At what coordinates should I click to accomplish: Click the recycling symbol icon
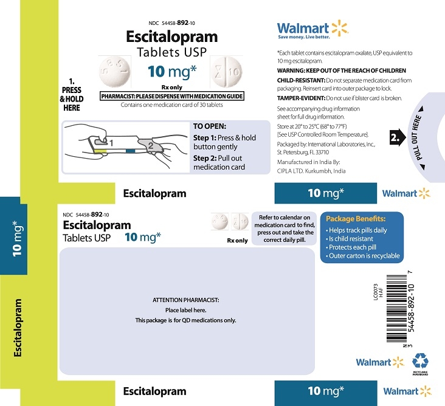point(420,361)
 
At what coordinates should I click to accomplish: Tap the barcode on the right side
point(396,308)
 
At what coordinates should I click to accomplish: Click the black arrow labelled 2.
point(398,137)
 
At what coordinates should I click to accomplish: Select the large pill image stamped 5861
point(115,72)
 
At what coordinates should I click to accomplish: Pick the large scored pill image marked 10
point(227,72)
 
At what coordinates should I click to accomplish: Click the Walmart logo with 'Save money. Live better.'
point(312,29)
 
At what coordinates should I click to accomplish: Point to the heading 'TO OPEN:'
point(210,126)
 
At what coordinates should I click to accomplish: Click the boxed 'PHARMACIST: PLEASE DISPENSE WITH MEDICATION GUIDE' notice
point(172,96)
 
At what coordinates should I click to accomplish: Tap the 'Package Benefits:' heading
point(356,219)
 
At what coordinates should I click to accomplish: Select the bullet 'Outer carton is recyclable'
point(363,256)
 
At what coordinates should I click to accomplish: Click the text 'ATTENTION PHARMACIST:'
point(186,300)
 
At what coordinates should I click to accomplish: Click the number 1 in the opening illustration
point(111,143)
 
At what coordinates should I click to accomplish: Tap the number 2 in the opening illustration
point(150,146)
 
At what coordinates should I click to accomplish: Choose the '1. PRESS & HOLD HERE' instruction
point(72,95)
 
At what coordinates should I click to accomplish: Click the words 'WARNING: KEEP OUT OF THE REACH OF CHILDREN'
point(342,71)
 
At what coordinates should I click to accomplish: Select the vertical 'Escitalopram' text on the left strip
point(18,328)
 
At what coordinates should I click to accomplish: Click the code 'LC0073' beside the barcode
point(376,292)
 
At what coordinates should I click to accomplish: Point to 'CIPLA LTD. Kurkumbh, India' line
point(311,171)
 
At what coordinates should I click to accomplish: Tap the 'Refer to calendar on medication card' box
point(284,229)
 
